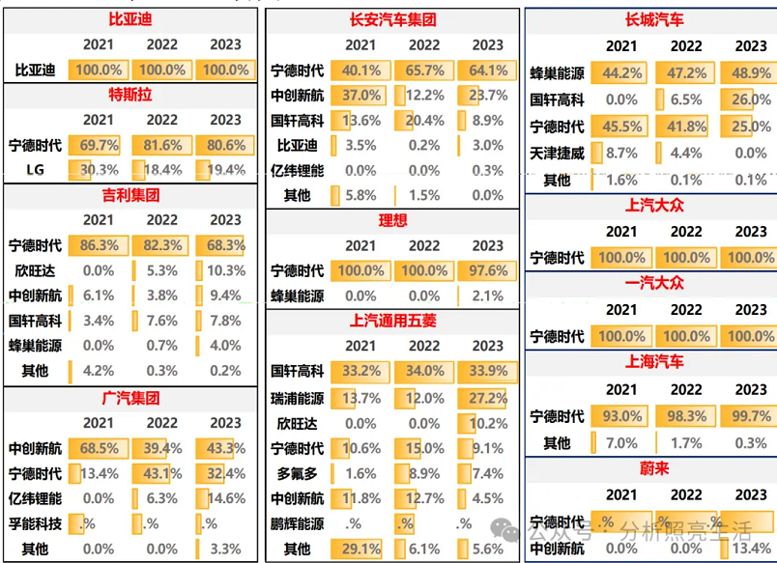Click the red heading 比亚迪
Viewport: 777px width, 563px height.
click(x=130, y=19)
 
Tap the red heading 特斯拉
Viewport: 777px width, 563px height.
click(x=130, y=95)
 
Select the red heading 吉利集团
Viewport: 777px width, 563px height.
click(x=130, y=195)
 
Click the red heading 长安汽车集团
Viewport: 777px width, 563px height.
click(x=392, y=19)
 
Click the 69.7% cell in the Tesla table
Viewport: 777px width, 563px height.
click(x=98, y=145)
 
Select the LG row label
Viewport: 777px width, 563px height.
click(x=35, y=170)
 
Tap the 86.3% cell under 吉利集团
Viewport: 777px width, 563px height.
click(x=98, y=246)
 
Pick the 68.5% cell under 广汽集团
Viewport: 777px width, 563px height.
click(x=98, y=449)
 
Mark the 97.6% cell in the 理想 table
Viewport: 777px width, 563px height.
click(x=488, y=271)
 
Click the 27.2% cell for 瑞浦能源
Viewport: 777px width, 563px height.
click(x=488, y=398)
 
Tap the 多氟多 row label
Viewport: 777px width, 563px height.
click(x=297, y=473)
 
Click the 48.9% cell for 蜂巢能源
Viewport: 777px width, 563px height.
click(x=751, y=72)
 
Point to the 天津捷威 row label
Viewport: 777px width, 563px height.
click(x=558, y=153)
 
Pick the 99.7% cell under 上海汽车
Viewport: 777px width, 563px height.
click(x=751, y=417)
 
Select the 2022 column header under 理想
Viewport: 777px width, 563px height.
click(x=424, y=246)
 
